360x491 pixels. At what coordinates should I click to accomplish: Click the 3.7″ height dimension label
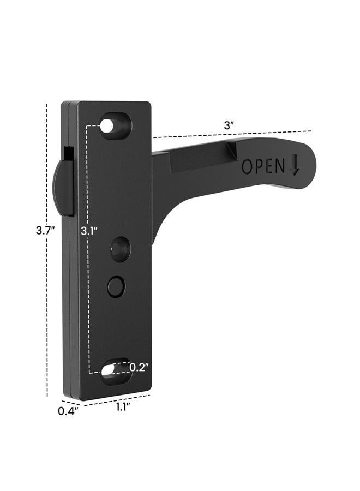click(x=45, y=231)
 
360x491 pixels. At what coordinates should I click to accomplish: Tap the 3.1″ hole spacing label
click(x=89, y=231)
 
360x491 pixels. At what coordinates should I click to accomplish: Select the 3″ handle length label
click(x=229, y=126)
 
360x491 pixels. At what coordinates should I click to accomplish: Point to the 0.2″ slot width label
click(x=139, y=367)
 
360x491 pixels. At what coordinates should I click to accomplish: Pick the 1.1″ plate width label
click(x=123, y=407)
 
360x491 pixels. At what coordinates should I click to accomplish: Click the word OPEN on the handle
click(x=263, y=166)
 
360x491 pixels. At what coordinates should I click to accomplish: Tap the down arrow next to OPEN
click(x=294, y=166)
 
